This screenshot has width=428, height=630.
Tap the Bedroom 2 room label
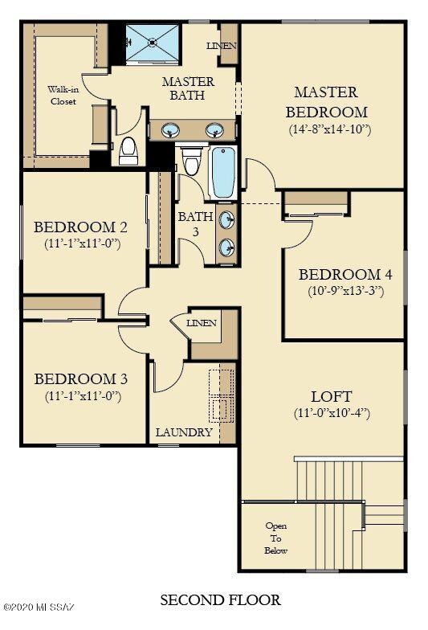[x=80, y=227]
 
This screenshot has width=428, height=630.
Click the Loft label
[x=331, y=397]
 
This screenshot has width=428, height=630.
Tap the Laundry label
[x=184, y=432]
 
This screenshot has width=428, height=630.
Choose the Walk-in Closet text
[x=63, y=96]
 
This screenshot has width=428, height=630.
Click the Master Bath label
[x=188, y=88]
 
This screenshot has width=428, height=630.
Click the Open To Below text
[x=275, y=538]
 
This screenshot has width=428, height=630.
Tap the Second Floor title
[x=221, y=600]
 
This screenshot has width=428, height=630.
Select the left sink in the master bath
[x=170, y=130]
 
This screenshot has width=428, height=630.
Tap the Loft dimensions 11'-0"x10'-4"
[x=332, y=414]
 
